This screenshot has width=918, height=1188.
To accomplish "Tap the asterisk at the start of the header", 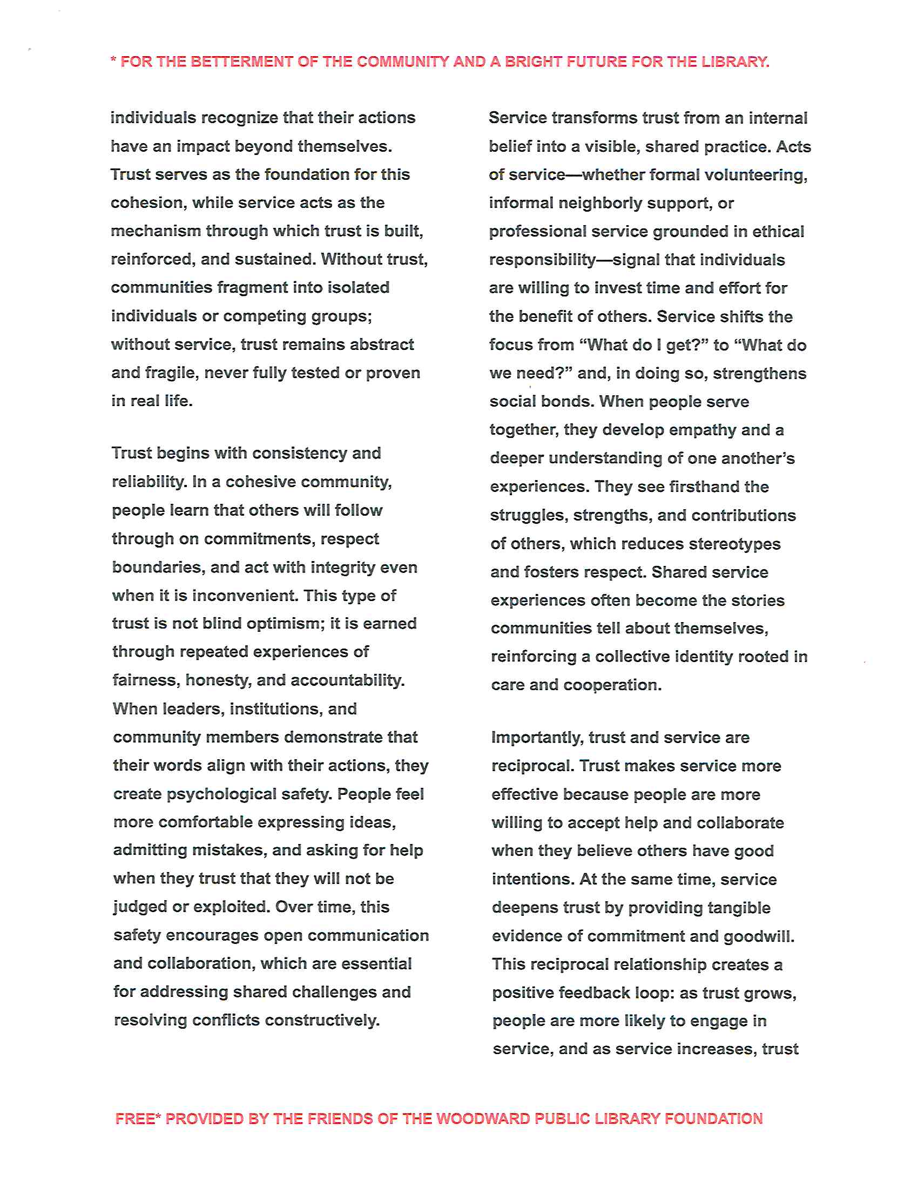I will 113,60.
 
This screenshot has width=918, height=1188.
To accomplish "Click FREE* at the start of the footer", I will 138,1119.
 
